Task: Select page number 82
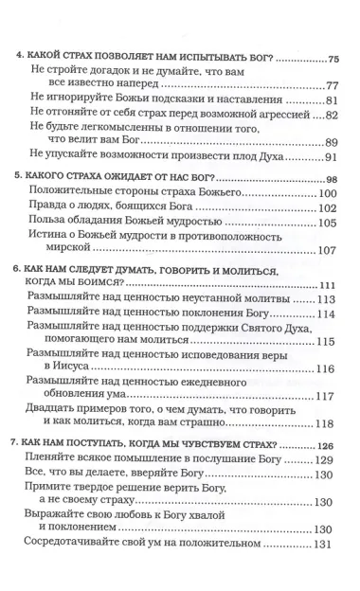[x=329, y=116]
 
